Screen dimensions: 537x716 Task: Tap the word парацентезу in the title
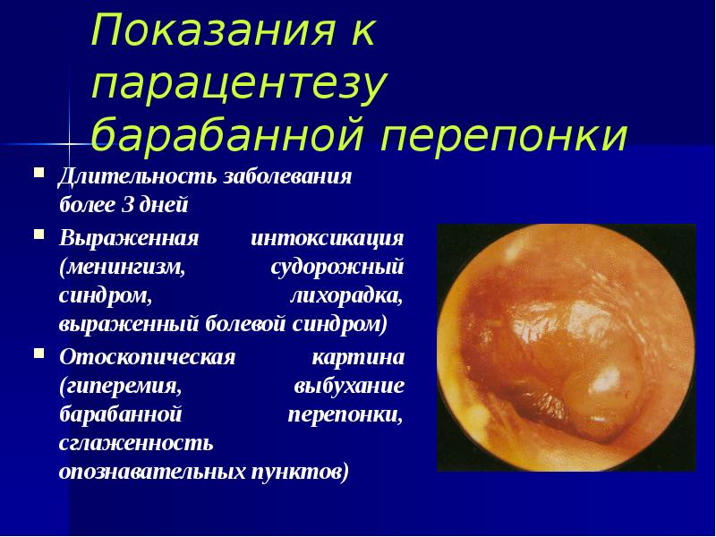[238, 84]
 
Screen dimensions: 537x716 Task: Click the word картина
[358, 358]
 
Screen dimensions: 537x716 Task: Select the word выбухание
[349, 387]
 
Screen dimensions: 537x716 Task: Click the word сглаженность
[136, 442]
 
